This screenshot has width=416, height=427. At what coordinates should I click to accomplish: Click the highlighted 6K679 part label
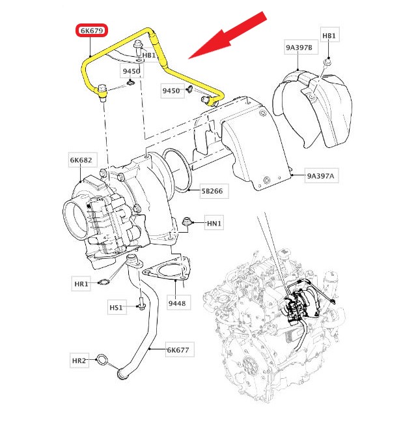[x=91, y=31]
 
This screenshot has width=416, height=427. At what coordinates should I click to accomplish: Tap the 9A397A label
[x=324, y=176]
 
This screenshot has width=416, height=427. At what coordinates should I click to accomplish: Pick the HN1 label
[x=215, y=224]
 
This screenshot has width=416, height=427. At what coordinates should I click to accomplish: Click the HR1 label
[x=81, y=284]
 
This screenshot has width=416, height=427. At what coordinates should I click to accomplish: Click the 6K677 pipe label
[x=177, y=350]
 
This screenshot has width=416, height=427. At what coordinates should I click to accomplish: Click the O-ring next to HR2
[x=102, y=359]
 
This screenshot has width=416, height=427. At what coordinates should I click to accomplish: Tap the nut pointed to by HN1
[x=189, y=221]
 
